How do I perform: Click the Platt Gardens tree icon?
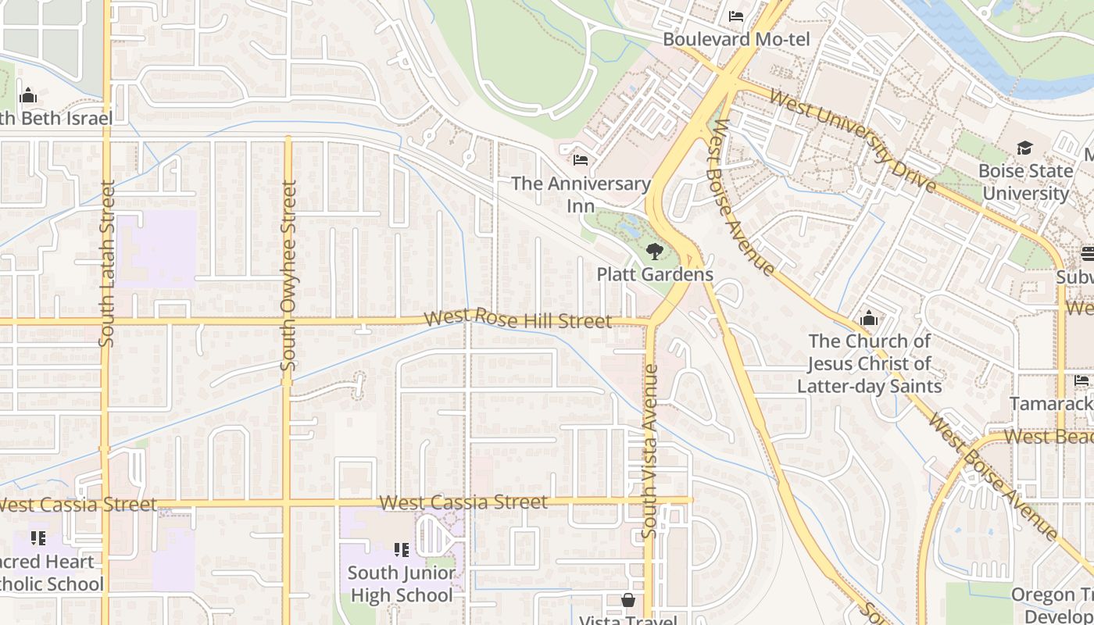(x=655, y=252)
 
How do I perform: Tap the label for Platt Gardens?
(x=655, y=274)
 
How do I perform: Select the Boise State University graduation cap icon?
(x=1024, y=148)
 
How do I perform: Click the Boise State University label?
(x=1024, y=181)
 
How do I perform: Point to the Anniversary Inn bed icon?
(x=581, y=160)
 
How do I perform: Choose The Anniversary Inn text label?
(x=581, y=195)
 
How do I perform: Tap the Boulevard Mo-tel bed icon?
(x=736, y=16)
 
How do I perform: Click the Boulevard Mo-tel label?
(x=736, y=39)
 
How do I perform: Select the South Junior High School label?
(x=402, y=584)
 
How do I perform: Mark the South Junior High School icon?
(x=402, y=550)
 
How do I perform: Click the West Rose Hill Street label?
(x=517, y=320)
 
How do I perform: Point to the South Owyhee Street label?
(x=289, y=276)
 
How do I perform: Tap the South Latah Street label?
(x=108, y=263)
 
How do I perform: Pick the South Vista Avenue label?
(x=650, y=451)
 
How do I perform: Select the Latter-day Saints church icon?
(x=868, y=319)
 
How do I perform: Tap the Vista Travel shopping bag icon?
(x=627, y=600)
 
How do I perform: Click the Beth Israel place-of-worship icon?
(x=29, y=96)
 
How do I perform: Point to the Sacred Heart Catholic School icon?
(x=38, y=538)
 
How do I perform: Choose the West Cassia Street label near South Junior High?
(x=463, y=502)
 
